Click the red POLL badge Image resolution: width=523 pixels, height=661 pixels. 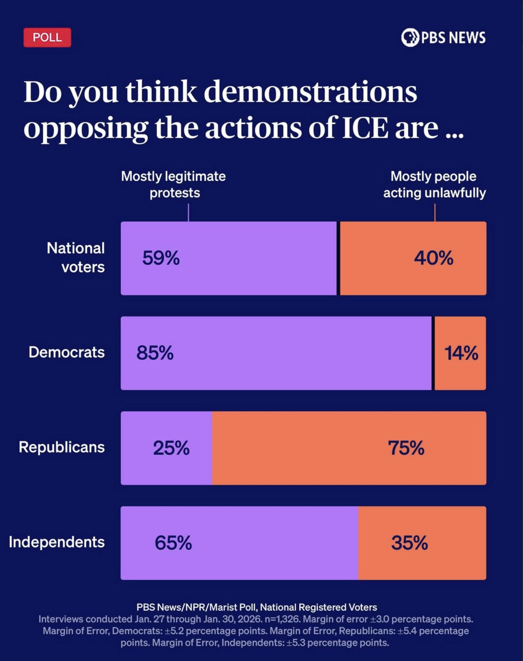coord(47,37)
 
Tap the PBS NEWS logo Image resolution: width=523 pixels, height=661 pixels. coord(443,37)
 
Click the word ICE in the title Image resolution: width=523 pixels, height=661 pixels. coord(365,128)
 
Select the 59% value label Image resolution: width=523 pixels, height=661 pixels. coord(161,258)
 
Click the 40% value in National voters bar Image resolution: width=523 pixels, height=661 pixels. coord(433,258)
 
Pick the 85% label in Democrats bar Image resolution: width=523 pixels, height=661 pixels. coord(155,353)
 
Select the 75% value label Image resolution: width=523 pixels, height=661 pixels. coord(406,448)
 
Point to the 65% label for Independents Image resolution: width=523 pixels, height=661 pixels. coord(173,543)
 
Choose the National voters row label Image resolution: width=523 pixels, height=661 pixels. coord(76,258)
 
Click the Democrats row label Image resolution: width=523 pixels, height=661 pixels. coord(66,352)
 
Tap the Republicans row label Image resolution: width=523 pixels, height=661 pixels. coord(61,447)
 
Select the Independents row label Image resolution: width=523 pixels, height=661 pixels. coord(57,542)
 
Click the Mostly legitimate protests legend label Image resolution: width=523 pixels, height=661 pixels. coord(173,185)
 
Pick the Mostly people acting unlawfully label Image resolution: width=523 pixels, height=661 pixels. coord(434,185)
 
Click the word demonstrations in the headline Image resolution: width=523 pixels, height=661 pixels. coord(310,92)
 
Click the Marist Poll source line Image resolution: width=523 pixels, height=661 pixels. coord(257,607)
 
